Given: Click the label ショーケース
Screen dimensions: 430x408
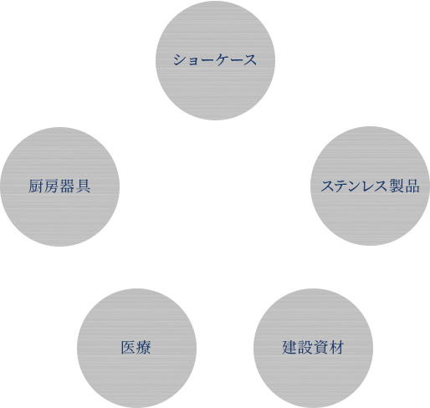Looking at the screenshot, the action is [215, 59].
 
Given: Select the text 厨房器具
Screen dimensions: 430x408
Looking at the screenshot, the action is [59, 186].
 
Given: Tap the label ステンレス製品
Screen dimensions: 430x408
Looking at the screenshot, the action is [370, 186].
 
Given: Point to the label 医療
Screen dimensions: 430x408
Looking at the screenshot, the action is [136, 348].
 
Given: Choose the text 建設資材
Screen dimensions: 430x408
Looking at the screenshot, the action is [313, 348].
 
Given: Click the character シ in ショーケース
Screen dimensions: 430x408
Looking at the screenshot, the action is [180, 59].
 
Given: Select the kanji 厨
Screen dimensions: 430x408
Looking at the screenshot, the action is [36, 186].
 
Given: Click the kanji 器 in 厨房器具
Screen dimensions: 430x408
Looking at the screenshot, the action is [68, 186].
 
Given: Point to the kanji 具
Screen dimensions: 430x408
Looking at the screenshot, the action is [84, 186].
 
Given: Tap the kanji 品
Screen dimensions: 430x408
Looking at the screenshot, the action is [412, 186].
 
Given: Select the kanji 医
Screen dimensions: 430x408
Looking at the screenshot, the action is [128, 348].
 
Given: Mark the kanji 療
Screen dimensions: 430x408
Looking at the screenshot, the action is [144, 348].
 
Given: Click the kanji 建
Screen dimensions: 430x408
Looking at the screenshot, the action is [289, 348].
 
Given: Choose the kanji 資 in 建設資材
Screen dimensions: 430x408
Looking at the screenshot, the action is [321, 348].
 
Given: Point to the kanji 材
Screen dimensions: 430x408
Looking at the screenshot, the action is [337, 348].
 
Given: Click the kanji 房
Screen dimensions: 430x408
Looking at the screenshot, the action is [52, 186].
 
